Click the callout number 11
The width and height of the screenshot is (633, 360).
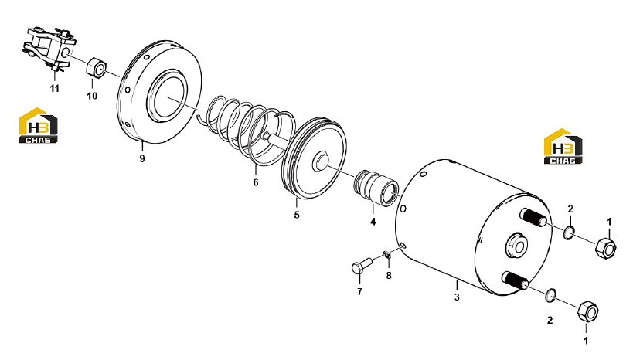click(55, 88)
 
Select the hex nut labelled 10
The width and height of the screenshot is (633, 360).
click(96, 66)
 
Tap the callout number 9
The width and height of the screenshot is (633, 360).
click(142, 158)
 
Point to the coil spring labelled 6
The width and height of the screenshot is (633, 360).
click(250, 130)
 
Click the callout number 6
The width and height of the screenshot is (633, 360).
click(256, 182)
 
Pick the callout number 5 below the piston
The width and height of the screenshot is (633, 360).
click(297, 215)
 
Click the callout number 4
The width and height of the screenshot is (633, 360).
click(373, 222)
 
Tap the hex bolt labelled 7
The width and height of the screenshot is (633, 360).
click(362, 266)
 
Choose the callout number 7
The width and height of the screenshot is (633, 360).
click(359, 291)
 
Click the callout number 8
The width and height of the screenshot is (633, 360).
click(389, 275)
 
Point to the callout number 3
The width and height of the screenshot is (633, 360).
click(457, 297)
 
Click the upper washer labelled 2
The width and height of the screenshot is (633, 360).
click(570, 233)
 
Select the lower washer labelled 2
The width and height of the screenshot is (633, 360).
click(550, 295)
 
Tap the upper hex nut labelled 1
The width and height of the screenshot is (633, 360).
click(605, 248)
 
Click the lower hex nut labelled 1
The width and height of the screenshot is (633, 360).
click(587, 311)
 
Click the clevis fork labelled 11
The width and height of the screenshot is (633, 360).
click(49, 49)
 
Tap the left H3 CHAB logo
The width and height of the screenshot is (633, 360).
click(39, 125)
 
